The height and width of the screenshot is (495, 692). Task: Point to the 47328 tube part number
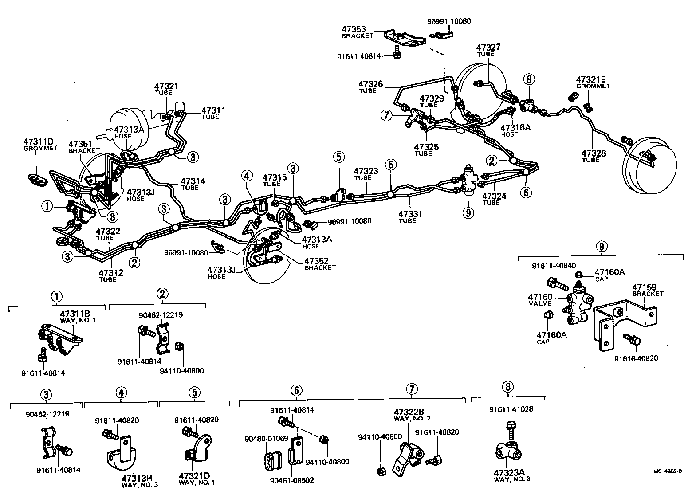pyautogui.click(x=594, y=153)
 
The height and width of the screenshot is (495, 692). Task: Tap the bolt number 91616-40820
pyautogui.click(x=636, y=358)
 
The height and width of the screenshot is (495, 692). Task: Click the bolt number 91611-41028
pyautogui.click(x=511, y=409)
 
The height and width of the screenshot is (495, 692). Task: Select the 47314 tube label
pyautogui.click(x=193, y=181)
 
